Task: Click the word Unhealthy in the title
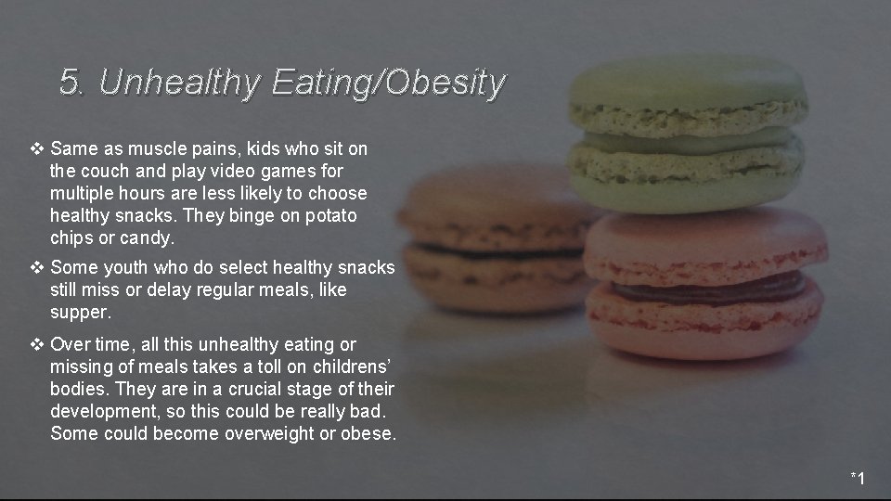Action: tap(179, 83)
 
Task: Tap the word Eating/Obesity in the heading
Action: tap(389, 83)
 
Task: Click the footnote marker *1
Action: tap(858, 479)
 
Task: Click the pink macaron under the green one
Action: tap(705, 283)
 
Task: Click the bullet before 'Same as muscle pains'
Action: tap(37, 148)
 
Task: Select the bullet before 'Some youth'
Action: tap(37, 268)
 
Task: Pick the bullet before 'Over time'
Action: tap(37, 344)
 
